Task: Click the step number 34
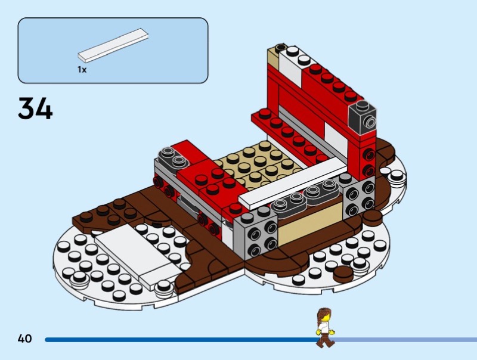(x=35, y=108)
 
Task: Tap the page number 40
(x=24, y=339)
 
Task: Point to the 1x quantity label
(x=82, y=70)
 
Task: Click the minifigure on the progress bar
(x=324, y=327)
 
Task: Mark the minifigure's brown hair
(x=323, y=314)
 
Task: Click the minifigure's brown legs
(x=324, y=339)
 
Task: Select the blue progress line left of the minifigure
(x=179, y=340)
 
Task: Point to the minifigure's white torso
(x=324, y=327)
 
